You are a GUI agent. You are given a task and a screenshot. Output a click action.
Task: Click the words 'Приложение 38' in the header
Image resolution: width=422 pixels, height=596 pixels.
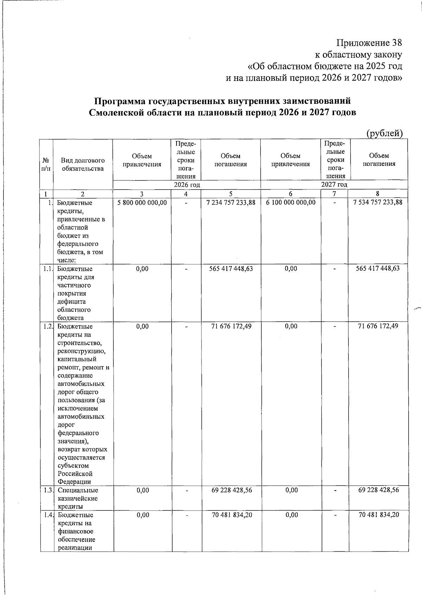pyautogui.click(x=369, y=43)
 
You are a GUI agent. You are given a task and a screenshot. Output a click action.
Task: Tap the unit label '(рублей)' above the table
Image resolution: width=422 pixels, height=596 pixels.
pyautogui.click(x=384, y=133)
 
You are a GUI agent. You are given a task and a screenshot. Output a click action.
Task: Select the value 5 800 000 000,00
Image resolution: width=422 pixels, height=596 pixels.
pyautogui.click(x=142, y=203)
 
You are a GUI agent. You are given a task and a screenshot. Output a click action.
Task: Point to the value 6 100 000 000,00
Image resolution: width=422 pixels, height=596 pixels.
pyautogui.click(x=291, y=203)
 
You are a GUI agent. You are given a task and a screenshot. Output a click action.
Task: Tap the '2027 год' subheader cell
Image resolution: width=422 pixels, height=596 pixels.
pyautogui.click(x=334, y=185)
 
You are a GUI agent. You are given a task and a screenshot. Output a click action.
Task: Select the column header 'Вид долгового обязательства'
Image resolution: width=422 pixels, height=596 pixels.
pyautogui.click(x=83, y=164)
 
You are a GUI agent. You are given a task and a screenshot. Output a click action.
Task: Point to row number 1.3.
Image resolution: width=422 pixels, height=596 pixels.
pyautogui.click(x=49, y=490)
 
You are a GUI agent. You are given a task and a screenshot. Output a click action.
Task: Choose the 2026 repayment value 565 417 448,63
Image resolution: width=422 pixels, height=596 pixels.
pyautogui.click(x=231, y=269)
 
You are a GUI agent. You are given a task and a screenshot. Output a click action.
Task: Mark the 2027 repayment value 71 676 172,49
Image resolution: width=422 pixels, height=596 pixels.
pyautogui.click(x=378, y=326)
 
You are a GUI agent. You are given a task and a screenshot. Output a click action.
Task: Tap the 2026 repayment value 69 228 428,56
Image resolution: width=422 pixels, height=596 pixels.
pyautogui.click(x=231, y=490)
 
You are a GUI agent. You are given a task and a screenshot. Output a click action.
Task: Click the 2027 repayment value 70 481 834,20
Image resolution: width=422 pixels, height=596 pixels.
pyautogui.click(x=378, y=515)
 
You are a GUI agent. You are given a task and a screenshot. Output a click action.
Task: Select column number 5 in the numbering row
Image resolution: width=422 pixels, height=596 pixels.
pyautogui.click(x=231, y=194)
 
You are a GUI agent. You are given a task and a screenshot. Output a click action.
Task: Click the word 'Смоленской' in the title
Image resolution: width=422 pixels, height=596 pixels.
pyautogui.click(x=117, y=113)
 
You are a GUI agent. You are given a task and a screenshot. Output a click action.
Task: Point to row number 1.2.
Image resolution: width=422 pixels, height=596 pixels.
pyautogui.click(x=49, y=326)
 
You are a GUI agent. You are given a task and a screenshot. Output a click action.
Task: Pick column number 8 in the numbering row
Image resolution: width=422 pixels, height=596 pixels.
pyautogui.click(x=378, y=194)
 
